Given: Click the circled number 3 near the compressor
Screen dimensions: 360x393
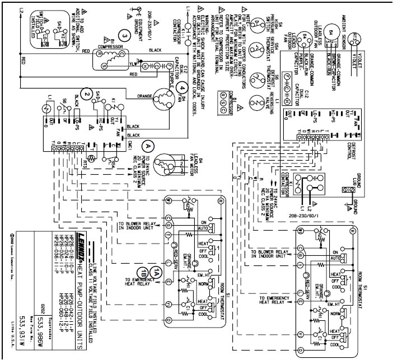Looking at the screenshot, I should click(x=126, y=36).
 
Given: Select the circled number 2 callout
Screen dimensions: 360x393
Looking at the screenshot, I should click(x=85, y=93).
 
